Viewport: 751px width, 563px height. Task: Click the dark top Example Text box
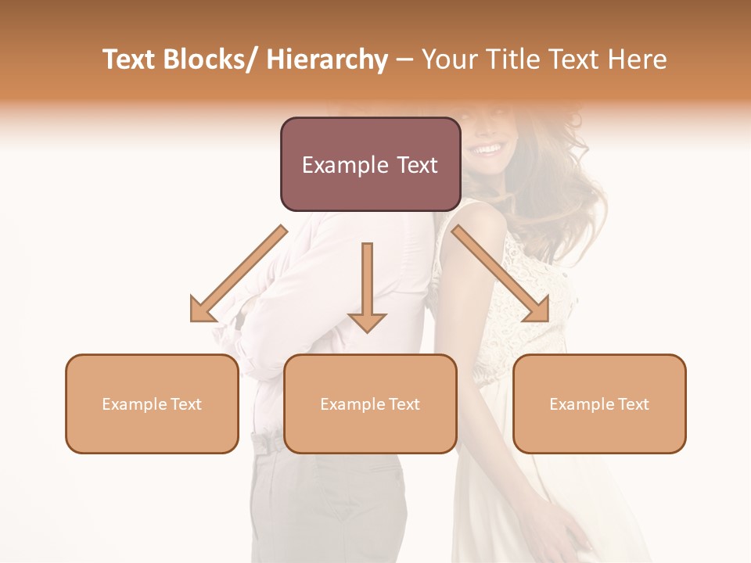[x=370, y=164]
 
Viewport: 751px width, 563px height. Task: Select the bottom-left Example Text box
[x=152, y=403]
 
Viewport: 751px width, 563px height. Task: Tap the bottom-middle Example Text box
[x=370, y=403]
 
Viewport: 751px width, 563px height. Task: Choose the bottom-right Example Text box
[x=599, y=403]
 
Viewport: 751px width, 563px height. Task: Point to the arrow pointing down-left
[x=239, y=274]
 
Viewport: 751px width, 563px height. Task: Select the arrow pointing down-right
[x=501, y=274]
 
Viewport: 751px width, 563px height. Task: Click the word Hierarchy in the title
[x=326, y=59]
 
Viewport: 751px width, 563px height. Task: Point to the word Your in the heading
[x=448, y=59]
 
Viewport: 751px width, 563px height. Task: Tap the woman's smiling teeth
[x=489, y=148]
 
